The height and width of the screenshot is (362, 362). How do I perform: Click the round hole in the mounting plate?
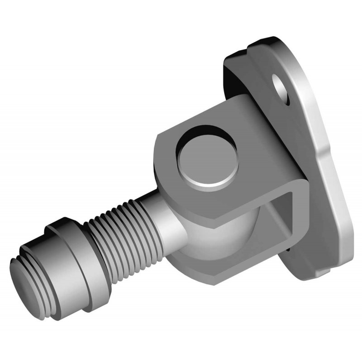tap(282, 91)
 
